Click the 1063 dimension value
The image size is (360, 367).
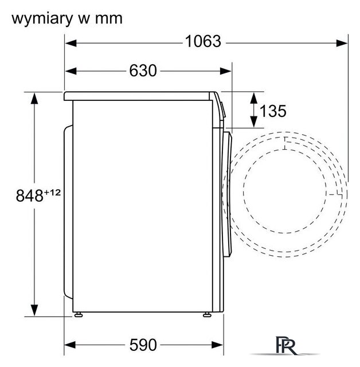(x=203, y=41)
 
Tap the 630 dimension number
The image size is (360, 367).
(x=143, y=71)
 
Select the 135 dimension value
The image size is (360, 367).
(x=273, y=111)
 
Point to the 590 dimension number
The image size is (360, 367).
(x=143, y=345)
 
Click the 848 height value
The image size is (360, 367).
(x=30, y=196)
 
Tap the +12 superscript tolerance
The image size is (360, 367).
(x=52, y=193)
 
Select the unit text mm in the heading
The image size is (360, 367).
(x=109, y=19)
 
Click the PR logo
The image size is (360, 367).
(x=286, y=345)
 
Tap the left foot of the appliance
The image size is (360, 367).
(x=79, y=315)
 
